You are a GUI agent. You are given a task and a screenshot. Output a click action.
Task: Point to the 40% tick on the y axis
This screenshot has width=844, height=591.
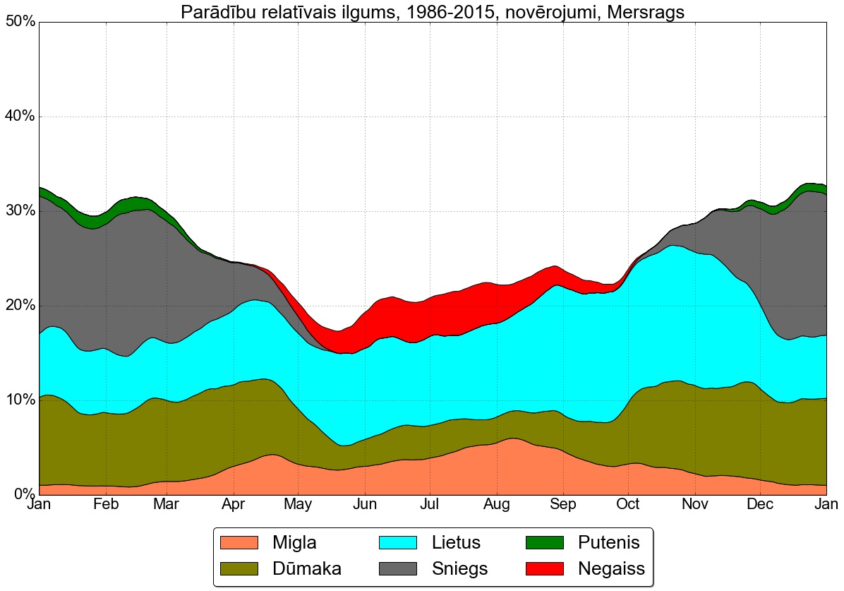pos(20,117)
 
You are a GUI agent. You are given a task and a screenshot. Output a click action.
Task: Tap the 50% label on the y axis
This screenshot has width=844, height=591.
pos(20,22)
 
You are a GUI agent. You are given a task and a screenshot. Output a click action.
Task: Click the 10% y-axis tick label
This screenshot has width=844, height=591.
pos(20,400)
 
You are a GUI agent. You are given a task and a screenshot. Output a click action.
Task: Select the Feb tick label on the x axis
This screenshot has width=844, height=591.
pos(106,505)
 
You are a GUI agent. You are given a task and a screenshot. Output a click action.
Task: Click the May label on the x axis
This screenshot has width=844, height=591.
pos(298,505)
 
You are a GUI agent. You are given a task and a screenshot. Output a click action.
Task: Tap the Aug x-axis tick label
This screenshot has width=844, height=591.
pos(498,505)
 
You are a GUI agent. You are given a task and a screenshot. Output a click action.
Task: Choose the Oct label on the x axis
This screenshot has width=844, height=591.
pos(628,505)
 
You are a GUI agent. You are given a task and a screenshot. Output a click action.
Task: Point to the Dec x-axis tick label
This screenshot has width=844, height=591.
pos(761,505)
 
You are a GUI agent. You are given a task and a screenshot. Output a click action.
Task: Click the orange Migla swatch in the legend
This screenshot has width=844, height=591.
pos(240,542)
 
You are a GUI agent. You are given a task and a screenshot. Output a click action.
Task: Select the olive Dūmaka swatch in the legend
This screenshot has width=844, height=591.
pos(240,568)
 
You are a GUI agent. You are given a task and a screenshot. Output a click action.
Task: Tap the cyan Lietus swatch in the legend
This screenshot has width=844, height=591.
pos(399,542)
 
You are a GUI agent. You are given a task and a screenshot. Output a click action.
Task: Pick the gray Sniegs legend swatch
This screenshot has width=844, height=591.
pos(399,568)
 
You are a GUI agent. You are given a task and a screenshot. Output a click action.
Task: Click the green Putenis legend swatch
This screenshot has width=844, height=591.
pos(545,542)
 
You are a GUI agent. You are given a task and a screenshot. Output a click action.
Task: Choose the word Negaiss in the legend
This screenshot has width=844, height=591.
pos(611,568)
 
